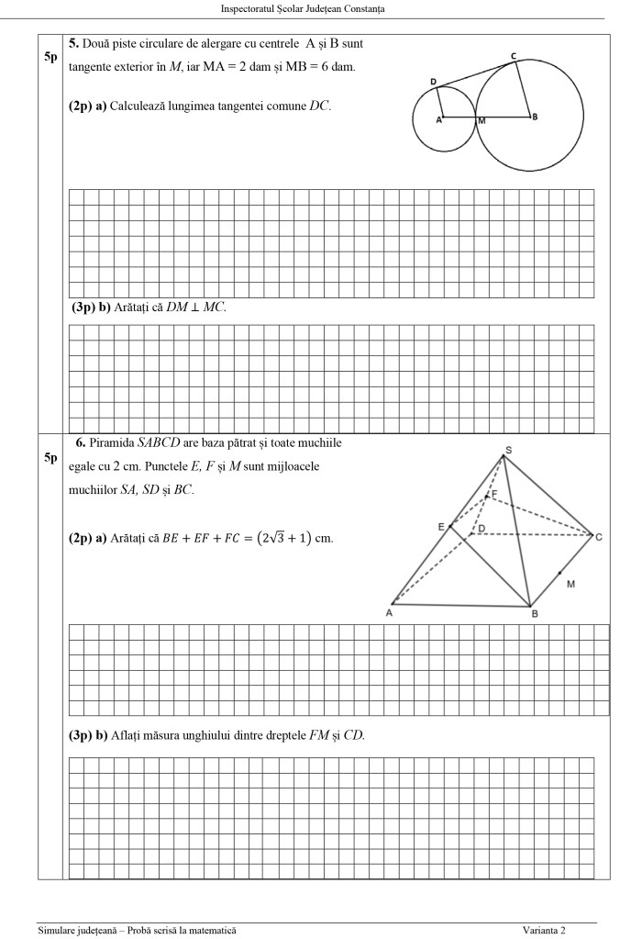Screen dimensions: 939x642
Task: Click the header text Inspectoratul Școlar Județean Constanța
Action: [303, 9]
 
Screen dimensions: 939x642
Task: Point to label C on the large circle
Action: [514, 57]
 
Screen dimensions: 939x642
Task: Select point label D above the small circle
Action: [433, 82]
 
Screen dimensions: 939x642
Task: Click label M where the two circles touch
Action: [481, 120]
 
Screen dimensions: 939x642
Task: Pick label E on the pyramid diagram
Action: [441, 526]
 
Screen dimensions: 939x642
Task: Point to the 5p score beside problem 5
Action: [50, 57]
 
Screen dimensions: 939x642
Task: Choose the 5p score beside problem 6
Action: [50, 458]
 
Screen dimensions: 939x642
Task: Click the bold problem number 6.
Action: [81, 442]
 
